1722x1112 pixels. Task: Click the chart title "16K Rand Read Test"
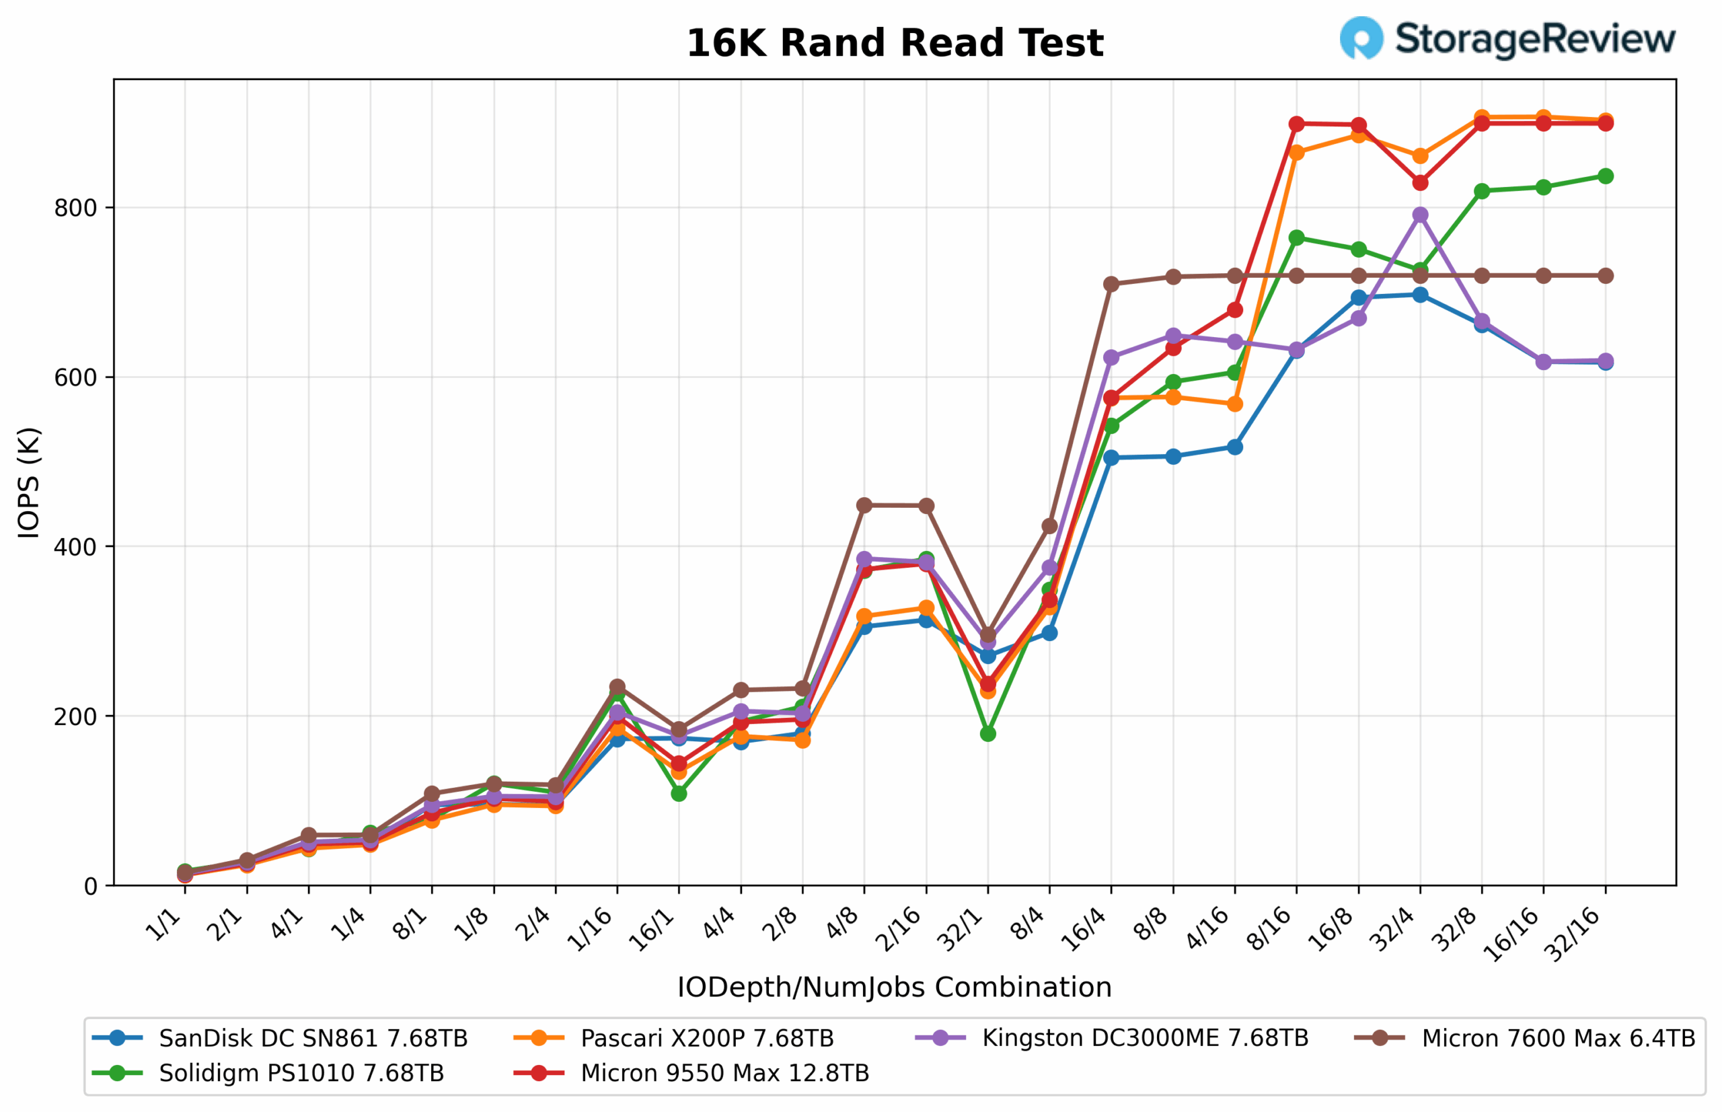click(894, 43)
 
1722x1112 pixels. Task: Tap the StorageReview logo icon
click(1361, 38)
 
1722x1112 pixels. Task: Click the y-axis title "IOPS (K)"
click(29, 483)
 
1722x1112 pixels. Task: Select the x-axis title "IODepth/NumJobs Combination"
click(894, 987)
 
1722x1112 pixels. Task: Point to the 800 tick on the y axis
click(75, 208)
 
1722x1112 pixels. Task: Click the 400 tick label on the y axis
click(75, 547)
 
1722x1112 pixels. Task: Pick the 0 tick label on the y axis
click(90, 886)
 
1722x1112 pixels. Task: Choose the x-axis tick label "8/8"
click(1152, 925)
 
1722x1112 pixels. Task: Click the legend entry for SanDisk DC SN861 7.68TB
click(313, 1039)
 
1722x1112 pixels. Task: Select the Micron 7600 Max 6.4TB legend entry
click(1558, 1039)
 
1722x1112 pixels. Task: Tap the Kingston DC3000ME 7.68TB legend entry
click(1144, 1039)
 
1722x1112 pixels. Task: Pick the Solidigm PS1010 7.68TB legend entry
click(301, 1073)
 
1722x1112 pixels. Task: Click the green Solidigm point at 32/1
click(987, 734)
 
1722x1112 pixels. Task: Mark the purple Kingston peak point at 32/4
click(1420, 215)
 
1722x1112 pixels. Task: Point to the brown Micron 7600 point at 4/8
click(864, 505)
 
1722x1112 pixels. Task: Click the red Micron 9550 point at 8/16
click(1297, 124)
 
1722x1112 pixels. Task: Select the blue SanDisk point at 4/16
click(1234, 447)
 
